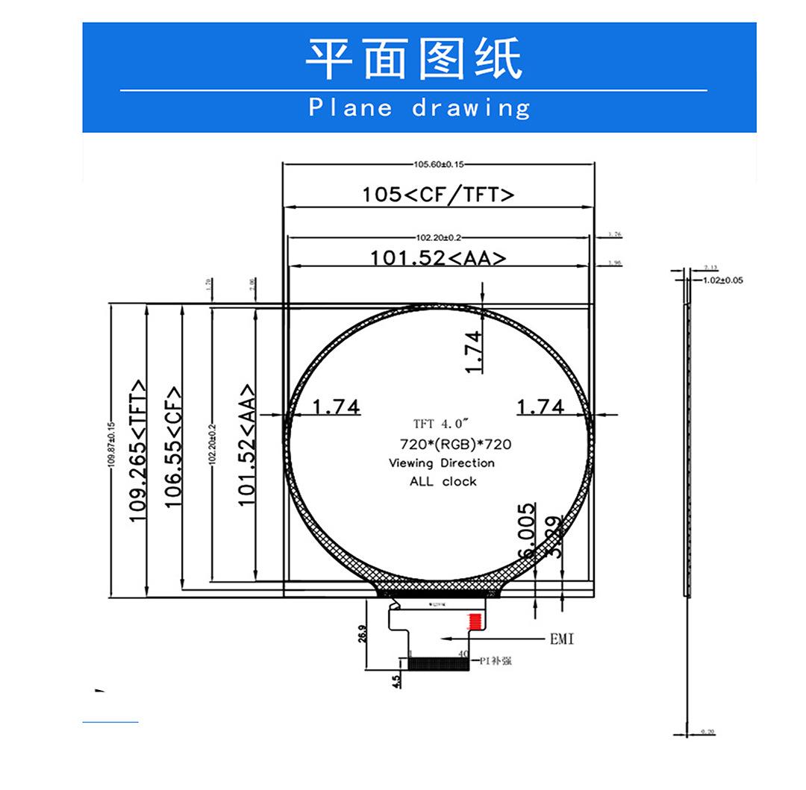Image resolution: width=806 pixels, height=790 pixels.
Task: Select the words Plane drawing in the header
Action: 419,108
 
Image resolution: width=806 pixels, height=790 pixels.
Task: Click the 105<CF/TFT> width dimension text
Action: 439,195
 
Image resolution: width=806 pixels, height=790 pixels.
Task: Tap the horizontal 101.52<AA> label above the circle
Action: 439,258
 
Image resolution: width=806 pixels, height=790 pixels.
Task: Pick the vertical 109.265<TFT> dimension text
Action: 139,451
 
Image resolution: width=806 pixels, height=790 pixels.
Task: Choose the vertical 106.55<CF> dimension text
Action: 174,447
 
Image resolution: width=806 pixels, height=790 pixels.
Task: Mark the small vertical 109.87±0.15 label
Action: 112,445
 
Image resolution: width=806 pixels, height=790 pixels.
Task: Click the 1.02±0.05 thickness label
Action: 723,280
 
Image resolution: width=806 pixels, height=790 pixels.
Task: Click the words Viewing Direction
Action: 442,463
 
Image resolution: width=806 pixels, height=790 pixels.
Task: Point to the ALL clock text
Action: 443,482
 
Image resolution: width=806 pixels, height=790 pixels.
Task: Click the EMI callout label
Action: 562,639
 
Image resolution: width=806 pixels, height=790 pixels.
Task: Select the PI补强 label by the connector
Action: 496,660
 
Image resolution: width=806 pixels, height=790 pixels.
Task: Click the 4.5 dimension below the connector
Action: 396,680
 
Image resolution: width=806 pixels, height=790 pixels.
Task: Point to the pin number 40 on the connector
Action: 463,654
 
